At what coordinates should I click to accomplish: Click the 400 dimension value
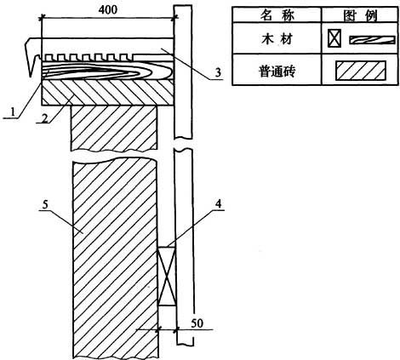click(x=108, y=10)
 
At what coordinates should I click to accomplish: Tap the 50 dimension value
click(x=197, y=323)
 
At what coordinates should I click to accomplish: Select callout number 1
click(x=12, y=112)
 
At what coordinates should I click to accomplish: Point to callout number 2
click(x=44, y=118)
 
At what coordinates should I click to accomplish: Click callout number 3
click(x=218, y=73)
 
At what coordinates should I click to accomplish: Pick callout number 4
click(x=218, y=203)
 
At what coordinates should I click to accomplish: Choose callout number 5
click(x=45, y=204)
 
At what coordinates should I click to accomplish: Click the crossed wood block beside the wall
click(x=167, y=276)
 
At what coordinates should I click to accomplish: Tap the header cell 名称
click(x=277, y=15)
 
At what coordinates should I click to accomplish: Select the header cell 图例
click(x=360, y=15)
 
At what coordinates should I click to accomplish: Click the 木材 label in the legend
click(x=277, y=39)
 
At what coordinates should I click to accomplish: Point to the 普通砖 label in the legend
click(x=277, y=71)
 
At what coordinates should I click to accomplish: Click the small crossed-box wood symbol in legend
click(x=334, y=38)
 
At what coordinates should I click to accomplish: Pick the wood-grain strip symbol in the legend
click(x=372, y=40)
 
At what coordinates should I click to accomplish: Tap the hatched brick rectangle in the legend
click(x=361, y=71)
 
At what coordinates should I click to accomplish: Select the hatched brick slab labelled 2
click(x=107, y=92)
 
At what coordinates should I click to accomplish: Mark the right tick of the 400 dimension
click(x=174, y=18)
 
